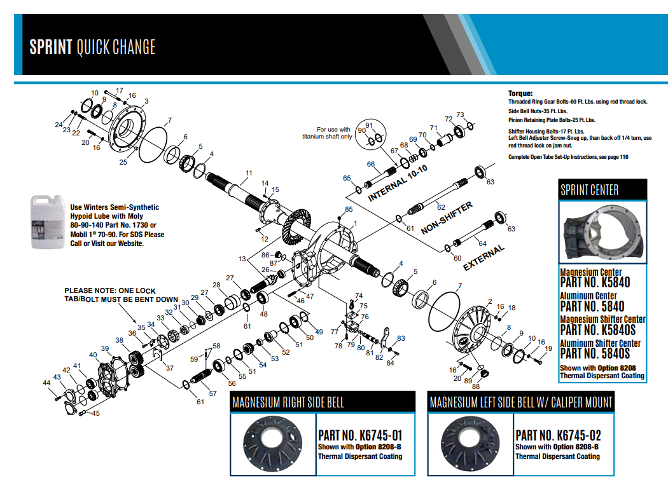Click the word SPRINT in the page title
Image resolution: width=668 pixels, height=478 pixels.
tap(50, 47)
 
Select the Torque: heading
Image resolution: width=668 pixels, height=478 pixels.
tap(520, 93)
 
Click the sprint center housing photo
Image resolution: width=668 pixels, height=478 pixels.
tap(602, 231)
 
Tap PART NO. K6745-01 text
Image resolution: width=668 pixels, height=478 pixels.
tap(360, 435)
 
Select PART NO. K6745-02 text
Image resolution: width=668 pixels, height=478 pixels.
tap(558, 435)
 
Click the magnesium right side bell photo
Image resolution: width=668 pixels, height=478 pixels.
tap(273, 444)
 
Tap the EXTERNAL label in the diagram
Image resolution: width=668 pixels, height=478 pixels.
tap(484, 257)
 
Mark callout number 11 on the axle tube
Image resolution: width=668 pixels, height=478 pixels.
tap(249, 173)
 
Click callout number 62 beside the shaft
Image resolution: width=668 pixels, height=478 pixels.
tap(440, 207)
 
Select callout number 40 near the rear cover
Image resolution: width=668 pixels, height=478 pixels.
tap(93, 355)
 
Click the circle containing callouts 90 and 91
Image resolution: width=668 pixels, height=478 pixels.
tap(372, 133)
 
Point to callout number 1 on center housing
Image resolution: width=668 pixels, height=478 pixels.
tap(355, 223)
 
